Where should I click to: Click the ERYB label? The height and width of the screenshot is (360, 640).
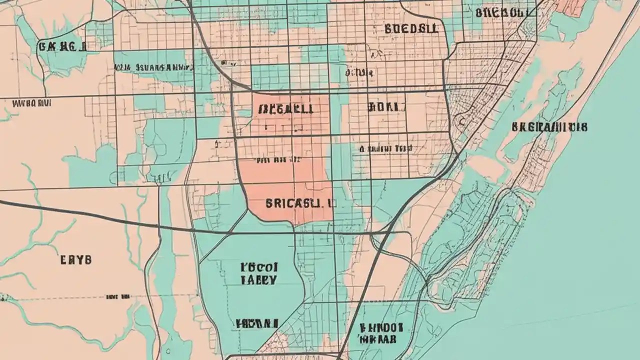pyautogui.click(x=76, y=259)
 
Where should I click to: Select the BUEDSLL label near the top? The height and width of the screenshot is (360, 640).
pyautogui.click(x=411, y=28)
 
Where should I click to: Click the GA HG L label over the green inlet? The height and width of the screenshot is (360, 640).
pyautogui.click(x=62, y=47)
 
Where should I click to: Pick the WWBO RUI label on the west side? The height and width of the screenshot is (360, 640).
pyautogui.click(x=32, y=103)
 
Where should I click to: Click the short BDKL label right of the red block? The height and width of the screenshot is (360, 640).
pyautogui.click(x=383, y=106)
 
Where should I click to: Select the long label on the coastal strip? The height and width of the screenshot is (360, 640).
pyautogui.click(x=549, y=127)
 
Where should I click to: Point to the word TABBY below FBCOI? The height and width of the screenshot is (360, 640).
pyautogui.click(x=258, y=280)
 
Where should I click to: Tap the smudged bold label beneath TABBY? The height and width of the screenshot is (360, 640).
pyautogui.click(x=256, y=323)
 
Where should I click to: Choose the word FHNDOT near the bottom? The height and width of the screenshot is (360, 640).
pyautogui.click(x=381, y=328)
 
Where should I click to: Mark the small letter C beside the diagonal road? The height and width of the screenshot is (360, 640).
pyautogui.click(x=461, y=120)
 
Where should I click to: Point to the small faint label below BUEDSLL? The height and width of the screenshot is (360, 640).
pyautogui.click(x=358, y=73)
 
